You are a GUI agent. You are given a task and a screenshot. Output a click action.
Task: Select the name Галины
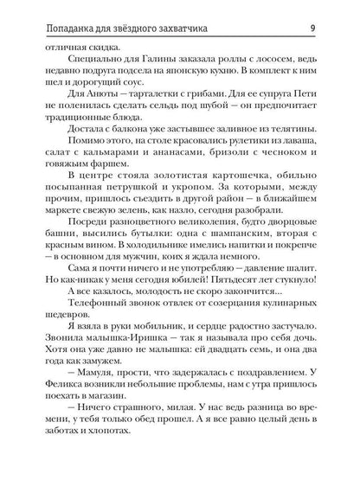147,61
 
